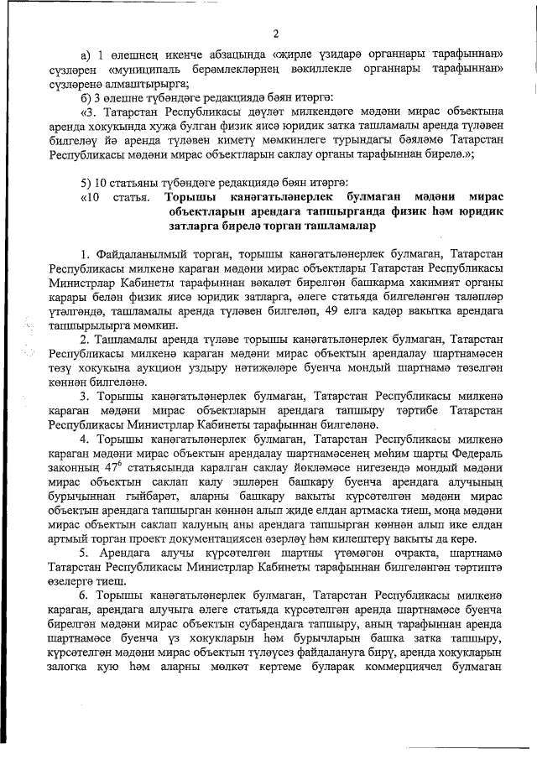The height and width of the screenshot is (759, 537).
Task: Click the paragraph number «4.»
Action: pos(86,436)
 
